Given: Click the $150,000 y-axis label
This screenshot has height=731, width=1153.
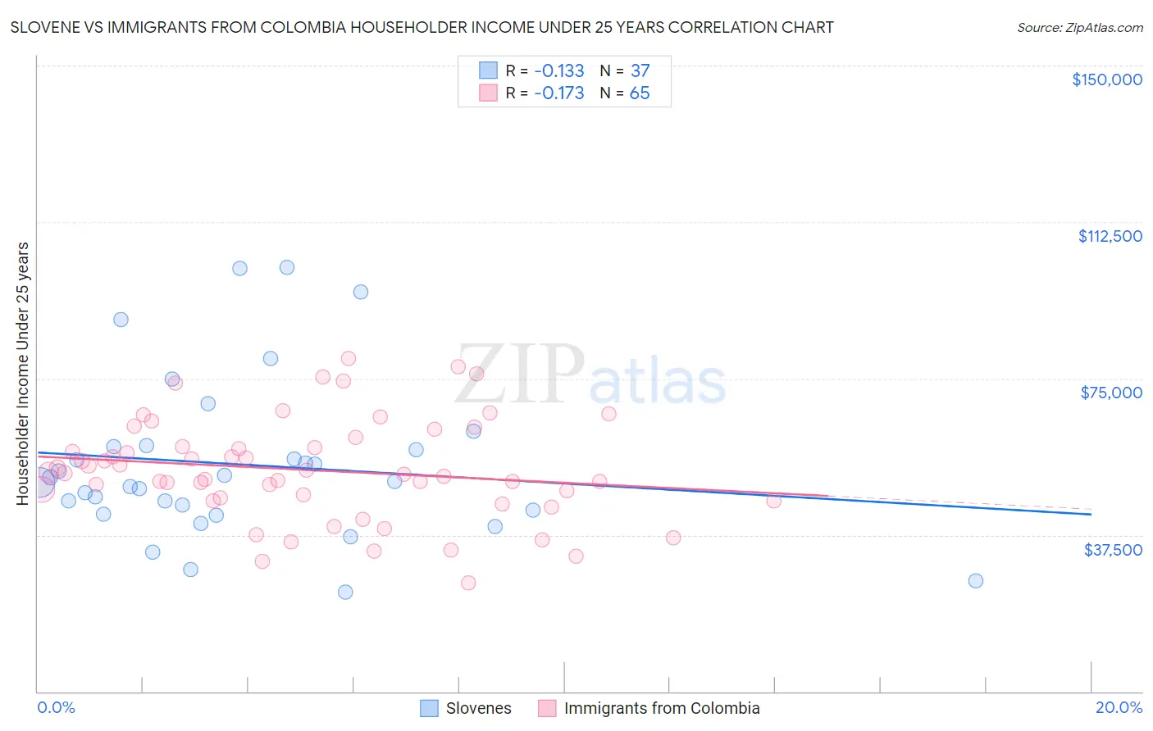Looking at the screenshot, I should click(x=1106, y=79).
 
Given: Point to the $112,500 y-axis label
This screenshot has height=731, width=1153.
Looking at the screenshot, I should click(x=1110, y=236).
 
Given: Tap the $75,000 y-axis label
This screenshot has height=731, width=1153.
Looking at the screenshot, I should click(x=1111, y=393).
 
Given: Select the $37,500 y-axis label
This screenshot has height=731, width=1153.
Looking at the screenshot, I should click(x=1112, y=550).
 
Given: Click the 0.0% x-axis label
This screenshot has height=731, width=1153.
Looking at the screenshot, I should click(x=56, y=707).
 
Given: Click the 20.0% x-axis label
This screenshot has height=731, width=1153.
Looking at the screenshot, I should click(x=1119, y=707).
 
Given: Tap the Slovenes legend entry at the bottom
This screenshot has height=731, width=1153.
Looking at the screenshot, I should click(x=478, y=708).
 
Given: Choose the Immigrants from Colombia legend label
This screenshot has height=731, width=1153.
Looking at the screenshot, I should click(x=661, y=708).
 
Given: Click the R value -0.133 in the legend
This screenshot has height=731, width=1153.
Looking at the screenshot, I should click(x=558, y=71).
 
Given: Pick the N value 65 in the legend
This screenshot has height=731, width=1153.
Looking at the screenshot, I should click(x=639, y=93).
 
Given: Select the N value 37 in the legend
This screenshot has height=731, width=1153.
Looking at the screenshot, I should click(x=640, y=71).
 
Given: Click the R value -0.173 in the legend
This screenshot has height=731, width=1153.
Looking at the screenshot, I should click(x=558, y=93).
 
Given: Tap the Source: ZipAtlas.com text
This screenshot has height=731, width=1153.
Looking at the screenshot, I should click(x=1079, y=27).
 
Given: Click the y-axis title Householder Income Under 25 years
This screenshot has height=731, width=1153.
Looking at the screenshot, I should click(x=23, y=373).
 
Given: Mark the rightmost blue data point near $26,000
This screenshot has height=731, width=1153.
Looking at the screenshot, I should click(x=975, y=580).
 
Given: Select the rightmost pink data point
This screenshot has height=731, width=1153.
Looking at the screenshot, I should click(x=773, y=501).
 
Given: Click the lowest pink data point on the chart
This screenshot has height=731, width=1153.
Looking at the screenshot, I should click(x=468, y=583).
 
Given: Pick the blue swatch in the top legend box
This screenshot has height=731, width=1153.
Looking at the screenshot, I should click(x=488, y=71).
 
